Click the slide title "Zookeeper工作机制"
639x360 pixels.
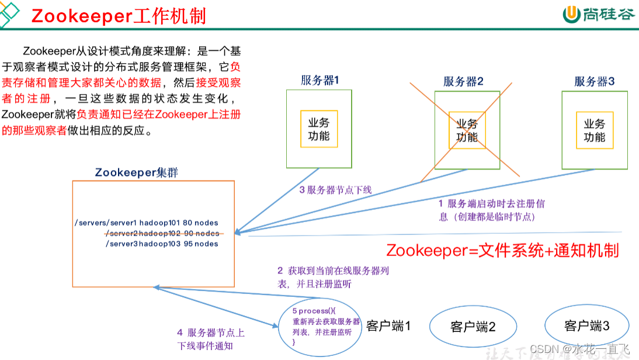(119, 16)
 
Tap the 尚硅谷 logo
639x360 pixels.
(598, 15)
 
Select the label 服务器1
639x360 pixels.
(319, 81)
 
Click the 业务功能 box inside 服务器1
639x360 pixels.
(319, 130)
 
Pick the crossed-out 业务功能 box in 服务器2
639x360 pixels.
(467, 130)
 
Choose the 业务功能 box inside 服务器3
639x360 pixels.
(595, 130)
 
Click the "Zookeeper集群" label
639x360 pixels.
(136, 172)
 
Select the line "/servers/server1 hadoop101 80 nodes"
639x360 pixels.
(147, 223)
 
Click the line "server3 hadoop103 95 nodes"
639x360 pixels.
(162, 244)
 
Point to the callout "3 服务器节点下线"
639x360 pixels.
(335, 190)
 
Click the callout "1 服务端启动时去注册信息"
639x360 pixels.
(492, 210)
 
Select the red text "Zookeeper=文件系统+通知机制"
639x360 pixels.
(502, 251)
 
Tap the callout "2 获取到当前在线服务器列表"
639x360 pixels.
(333, 277)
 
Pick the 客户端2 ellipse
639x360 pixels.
(473, 327)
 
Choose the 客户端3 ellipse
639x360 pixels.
(586, 326)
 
